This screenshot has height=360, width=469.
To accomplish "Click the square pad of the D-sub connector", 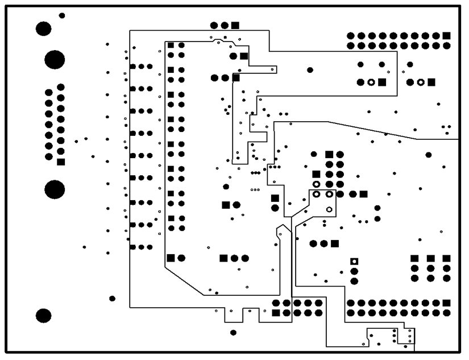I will click(61, 162).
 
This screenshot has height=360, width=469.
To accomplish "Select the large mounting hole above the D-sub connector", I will click(55, 59).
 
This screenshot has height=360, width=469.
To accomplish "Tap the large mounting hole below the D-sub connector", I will click(55, 189).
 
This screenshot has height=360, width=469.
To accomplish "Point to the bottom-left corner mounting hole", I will click(44, 316).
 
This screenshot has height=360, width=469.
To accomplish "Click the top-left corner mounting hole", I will click(44, 28).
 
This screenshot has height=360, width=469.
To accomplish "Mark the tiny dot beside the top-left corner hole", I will click(62, 15).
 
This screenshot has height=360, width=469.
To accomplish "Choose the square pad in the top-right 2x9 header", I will click(447, 35).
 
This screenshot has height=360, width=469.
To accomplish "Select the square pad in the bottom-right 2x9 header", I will click(447, 303).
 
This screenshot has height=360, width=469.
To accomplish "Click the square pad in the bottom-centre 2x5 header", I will click(276, 313).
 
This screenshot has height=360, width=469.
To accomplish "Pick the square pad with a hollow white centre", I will click(354, 261).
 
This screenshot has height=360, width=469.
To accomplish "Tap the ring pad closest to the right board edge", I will click(421, 82).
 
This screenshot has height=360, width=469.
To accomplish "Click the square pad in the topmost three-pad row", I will click(235, 25).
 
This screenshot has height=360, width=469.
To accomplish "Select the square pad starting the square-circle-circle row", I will click(224, 258).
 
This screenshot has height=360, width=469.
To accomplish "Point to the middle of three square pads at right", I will click(431, 259).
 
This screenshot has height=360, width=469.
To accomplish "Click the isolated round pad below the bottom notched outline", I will click(233, 332).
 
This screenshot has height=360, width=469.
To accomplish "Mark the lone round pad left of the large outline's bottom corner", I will click(113, 299).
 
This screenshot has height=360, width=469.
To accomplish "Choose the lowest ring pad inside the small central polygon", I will click(329, 209).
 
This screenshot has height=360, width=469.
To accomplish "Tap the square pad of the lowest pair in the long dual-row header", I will click(171, 258).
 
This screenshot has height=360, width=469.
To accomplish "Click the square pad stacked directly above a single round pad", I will click(275, 198).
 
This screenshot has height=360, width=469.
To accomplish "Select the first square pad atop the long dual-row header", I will click(171, 45).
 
